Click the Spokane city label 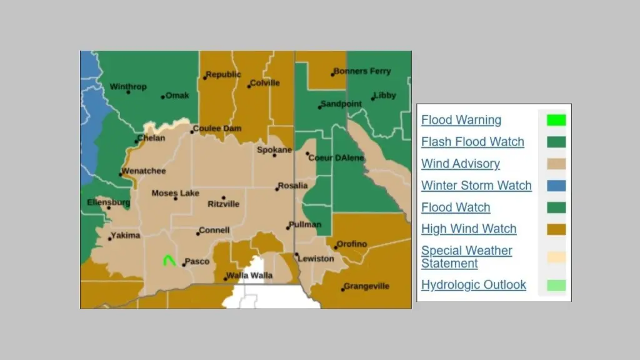coord(274,150)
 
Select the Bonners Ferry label coord(362,71)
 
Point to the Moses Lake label coord(175,193)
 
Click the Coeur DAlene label coord(336,158)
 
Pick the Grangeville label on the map coord(366,286)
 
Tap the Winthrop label coord(128,87)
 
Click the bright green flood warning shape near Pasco coord(168,260)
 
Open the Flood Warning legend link coord(461,120)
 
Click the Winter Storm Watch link coord(476,186)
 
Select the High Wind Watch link coord(469,229)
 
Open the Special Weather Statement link coord(466,256)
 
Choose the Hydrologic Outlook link coord(474,285)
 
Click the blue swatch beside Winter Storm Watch coord(556,186)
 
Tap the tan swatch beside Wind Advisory coord(556,164)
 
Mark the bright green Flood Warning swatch coord(556,120)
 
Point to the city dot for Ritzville coord(223,197)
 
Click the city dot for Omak coord(163,97)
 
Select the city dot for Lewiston coord(297,254)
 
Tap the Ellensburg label coord(109,202)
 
